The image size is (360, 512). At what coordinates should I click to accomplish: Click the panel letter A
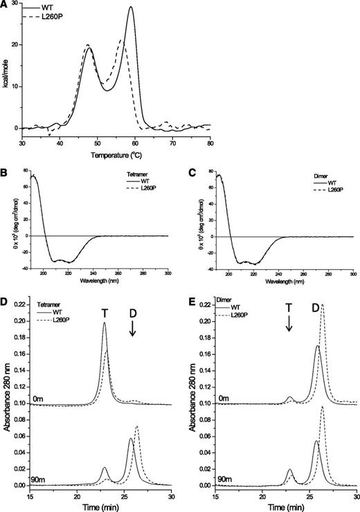click(x=6, y=5)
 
